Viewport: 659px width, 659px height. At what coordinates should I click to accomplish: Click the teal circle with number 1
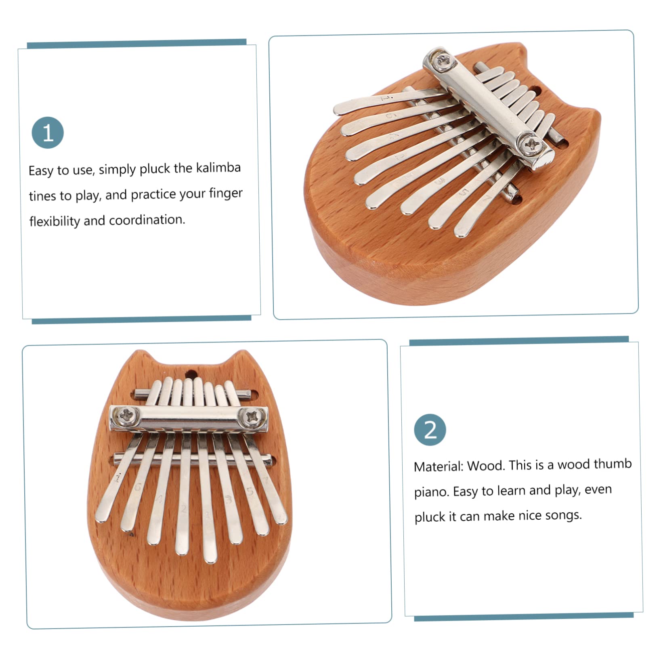48,132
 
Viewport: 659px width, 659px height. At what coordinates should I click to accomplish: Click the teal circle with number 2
430,430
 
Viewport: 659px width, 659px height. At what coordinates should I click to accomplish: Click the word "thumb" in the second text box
614,464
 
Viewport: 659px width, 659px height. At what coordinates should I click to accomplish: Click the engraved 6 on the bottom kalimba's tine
138,487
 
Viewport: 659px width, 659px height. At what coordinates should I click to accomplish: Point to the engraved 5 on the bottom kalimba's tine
250,491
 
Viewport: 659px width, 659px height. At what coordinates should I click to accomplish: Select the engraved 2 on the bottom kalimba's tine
184,509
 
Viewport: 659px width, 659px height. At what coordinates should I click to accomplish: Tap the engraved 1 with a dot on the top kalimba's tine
383,98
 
